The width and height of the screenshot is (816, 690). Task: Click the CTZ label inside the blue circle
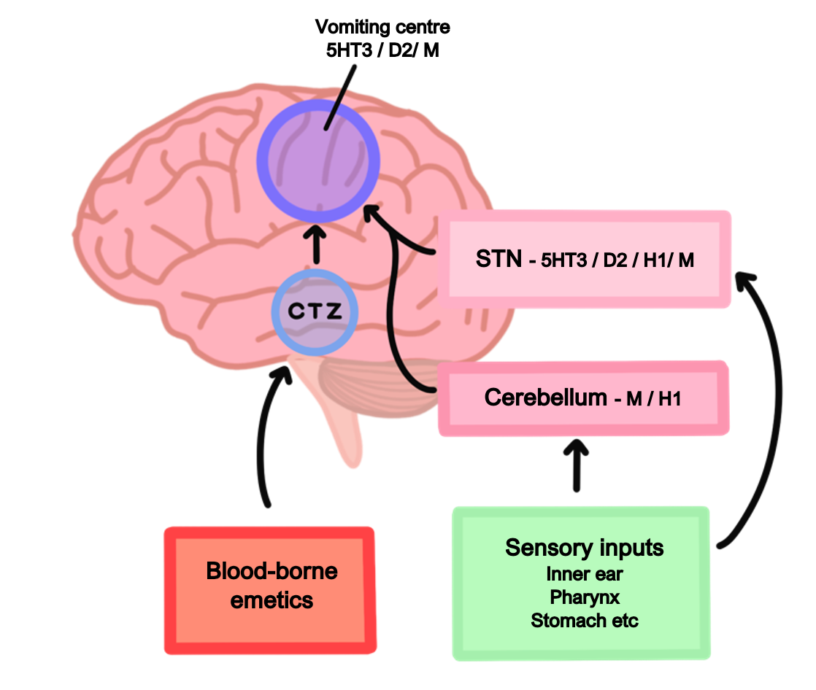coord(315,312)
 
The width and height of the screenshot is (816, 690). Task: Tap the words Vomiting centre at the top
coord(382,28)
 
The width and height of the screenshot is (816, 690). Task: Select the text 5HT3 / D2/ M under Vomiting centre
coord(382,52)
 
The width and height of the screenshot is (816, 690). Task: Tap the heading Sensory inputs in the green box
coord(584,548)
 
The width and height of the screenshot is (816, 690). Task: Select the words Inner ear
coord(584,574)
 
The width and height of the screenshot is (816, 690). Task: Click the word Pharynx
coord(584,597)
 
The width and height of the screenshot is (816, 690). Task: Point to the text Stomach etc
coord(584,621)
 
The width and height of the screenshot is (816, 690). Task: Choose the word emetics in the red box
coord(272,600)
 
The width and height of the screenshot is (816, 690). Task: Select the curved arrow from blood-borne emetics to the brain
coord(264,438)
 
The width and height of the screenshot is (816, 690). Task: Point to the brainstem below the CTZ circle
coord(343,416)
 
